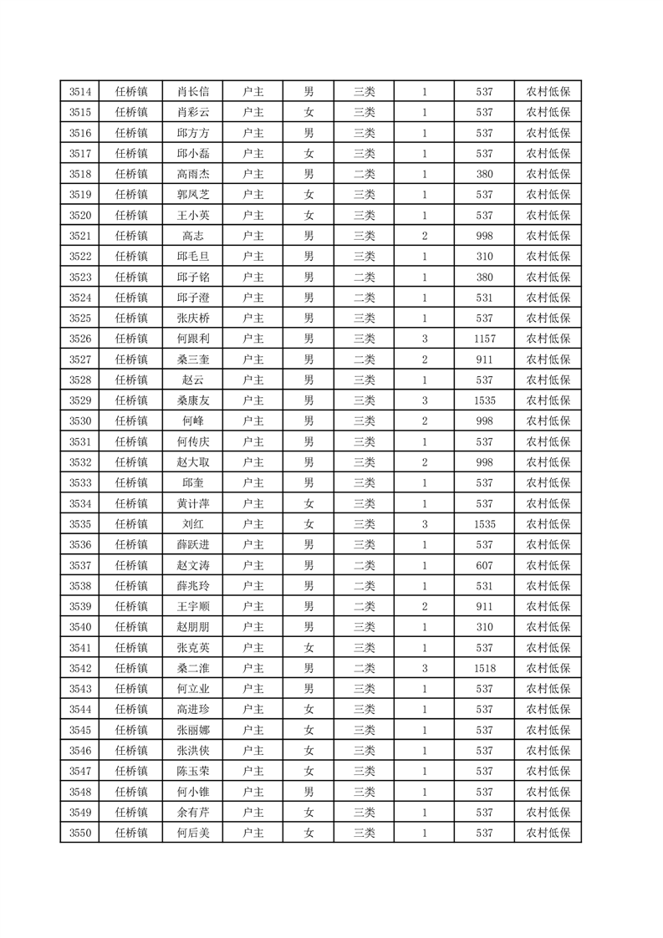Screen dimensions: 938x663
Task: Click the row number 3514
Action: click(x=80, y=92)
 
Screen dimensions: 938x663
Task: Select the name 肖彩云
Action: click(x=193, y=113)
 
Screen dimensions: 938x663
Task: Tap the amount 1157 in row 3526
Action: click(x=484, y=339)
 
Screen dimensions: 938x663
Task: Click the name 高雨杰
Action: click(x=193, y=174)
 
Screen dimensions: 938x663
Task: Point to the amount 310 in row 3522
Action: click(x=484, y=257)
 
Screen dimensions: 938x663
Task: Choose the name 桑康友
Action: click(x=193, y=400)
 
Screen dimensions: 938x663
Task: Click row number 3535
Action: click(x=80, y=524)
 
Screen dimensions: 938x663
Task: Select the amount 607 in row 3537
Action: click(x=484, y=565)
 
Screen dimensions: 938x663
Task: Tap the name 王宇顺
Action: click(x=193, y=606)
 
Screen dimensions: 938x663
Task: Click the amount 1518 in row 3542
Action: click(x=484, y=668)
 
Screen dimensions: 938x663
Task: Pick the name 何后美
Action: click(x=193, y=833)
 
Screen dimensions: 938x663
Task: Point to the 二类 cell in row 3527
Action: click(x=365, y=359)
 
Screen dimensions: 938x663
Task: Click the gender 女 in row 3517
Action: click(x=309, y=154)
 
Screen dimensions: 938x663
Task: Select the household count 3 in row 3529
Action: click(x=425, y=400)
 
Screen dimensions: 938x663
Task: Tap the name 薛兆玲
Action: click(x=193, y=585)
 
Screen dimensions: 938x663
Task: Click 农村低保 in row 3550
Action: click(x=548, y=833)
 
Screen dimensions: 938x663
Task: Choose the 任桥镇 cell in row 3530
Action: click(x=132, y=421)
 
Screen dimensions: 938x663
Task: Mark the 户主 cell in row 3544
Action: click(x=252, y=709)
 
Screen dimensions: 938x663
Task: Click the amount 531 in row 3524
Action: click(x=484, y=298)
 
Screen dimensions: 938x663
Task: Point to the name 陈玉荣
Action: click(x=193, y=771)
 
